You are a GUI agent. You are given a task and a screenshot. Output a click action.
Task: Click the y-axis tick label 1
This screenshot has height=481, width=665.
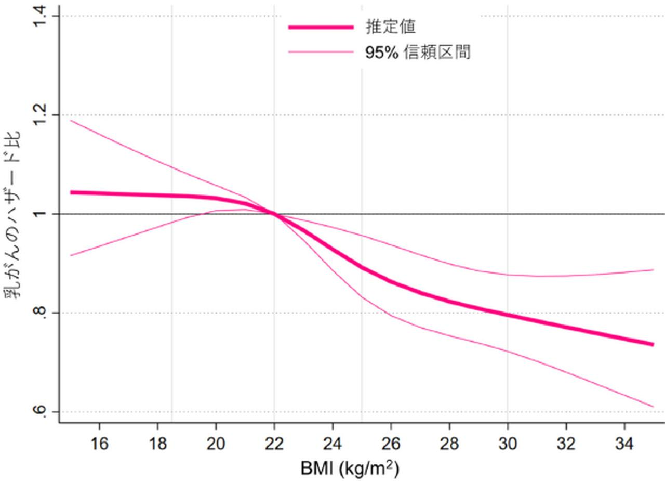(41, 214)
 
